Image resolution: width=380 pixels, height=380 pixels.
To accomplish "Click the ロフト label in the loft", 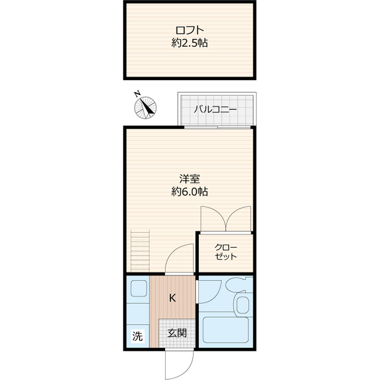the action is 190,30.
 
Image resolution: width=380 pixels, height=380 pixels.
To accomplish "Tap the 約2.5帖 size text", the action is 190,43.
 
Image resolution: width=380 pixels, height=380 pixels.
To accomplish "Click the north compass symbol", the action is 145,107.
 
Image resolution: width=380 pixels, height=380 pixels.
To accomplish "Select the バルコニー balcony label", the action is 215,110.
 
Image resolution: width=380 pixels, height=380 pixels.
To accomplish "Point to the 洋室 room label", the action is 190,179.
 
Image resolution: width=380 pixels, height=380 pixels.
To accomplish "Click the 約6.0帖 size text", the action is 190,192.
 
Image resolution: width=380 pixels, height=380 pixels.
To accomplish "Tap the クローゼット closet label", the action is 226,252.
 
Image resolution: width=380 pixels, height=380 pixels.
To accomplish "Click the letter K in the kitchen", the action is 172,298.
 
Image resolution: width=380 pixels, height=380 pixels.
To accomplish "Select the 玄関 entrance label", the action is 177,333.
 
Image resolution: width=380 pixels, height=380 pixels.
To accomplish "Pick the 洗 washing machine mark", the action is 137,336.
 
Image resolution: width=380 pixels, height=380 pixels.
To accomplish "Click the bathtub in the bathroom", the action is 226,330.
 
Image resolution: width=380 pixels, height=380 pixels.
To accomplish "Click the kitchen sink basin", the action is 138,288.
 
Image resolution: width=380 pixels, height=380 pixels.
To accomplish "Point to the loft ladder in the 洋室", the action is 140,251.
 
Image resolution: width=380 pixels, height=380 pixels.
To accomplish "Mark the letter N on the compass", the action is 137,94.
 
